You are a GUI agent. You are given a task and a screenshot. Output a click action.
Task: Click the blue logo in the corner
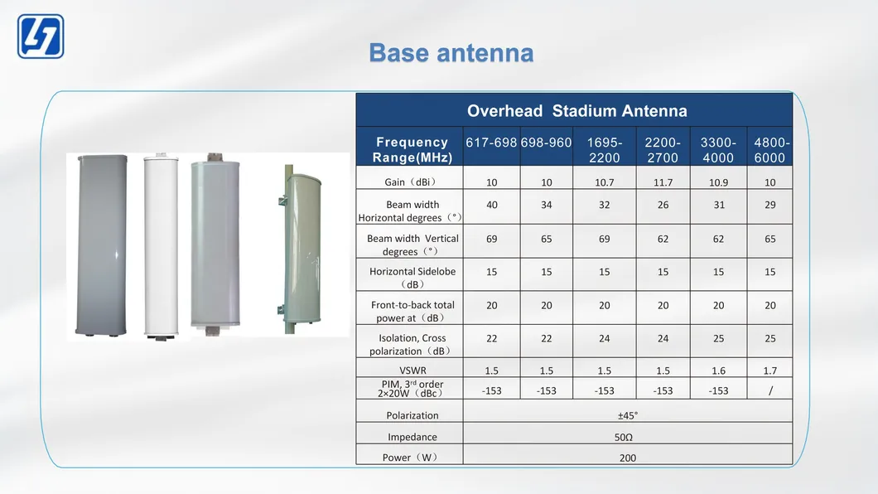41,36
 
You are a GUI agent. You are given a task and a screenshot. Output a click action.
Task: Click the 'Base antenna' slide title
451,53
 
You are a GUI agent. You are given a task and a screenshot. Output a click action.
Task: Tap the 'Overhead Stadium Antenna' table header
576,111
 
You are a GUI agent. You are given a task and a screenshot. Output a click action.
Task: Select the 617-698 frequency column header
491,143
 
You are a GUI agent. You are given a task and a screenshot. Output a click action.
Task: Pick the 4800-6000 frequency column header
770,150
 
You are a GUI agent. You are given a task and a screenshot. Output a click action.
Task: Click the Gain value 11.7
663,182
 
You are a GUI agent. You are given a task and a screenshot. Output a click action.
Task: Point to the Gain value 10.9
718,182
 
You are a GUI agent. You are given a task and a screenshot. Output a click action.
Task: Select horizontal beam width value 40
492,205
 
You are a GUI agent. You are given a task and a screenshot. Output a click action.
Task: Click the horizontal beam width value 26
663,205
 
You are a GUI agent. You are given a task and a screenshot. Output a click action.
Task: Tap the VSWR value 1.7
770,370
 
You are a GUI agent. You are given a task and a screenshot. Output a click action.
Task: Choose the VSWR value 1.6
718,370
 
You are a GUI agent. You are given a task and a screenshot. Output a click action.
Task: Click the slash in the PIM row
770,391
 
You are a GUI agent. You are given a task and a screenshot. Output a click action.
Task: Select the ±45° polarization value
628,415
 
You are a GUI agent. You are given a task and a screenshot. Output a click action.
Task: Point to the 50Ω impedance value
623,438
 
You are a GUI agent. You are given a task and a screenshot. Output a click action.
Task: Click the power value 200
628,458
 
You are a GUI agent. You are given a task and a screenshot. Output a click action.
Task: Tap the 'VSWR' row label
412,370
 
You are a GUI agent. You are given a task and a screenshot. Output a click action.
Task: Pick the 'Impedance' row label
412,437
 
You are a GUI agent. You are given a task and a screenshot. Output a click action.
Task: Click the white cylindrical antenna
162,245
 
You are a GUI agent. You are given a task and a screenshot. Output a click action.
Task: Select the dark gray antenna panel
101,245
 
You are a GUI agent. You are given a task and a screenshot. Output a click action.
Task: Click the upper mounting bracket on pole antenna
282,200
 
